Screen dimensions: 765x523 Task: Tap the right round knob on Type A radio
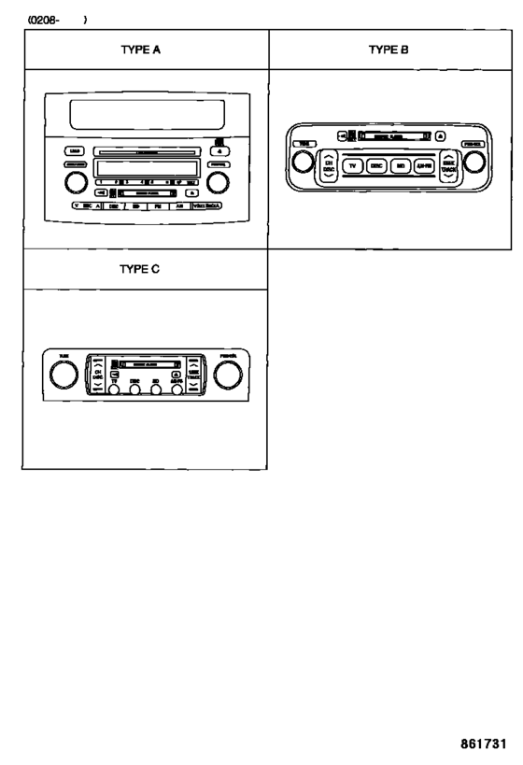(219, 179)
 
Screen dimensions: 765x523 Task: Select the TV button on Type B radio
(352, 164)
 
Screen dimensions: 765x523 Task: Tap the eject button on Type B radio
(440, 136)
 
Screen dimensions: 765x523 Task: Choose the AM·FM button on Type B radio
(425, 164)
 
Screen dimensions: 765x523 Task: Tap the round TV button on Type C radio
(114, 391)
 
